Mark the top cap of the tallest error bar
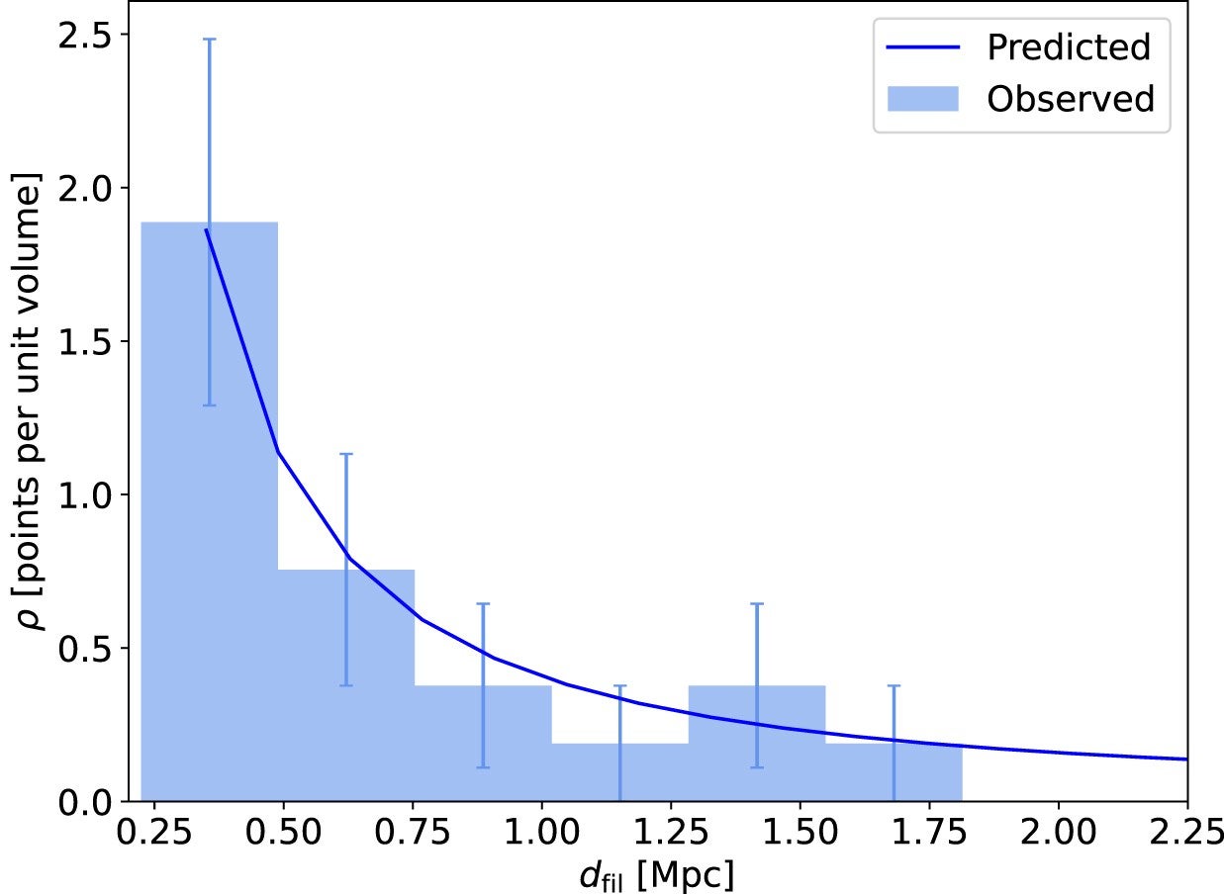(x=209, y=40)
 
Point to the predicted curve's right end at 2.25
(x=1185, y=760)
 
